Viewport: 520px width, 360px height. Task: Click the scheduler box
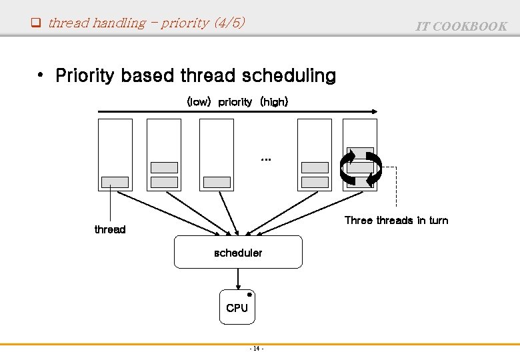[238, 253]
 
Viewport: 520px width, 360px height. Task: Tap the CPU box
[237, 307]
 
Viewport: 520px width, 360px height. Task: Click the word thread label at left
[110, 229]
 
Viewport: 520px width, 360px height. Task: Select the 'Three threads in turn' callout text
[396, 220]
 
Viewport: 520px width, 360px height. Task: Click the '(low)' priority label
[199, 102]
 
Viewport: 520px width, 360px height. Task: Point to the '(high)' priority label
[274, 102]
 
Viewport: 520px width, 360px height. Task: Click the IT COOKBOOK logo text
[461, 27]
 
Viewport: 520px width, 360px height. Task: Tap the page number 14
[257, 349]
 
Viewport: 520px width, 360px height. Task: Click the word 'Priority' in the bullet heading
[85, 76]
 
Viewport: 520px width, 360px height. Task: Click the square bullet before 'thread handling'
[37, 23]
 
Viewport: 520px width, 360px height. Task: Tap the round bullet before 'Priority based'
[41, 75]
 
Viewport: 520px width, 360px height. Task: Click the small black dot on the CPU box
[249, 294]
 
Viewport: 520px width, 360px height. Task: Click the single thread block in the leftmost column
[115, 181]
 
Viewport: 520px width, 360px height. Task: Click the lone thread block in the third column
[217, 181]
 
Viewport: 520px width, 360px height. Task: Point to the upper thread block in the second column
[164, 167]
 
